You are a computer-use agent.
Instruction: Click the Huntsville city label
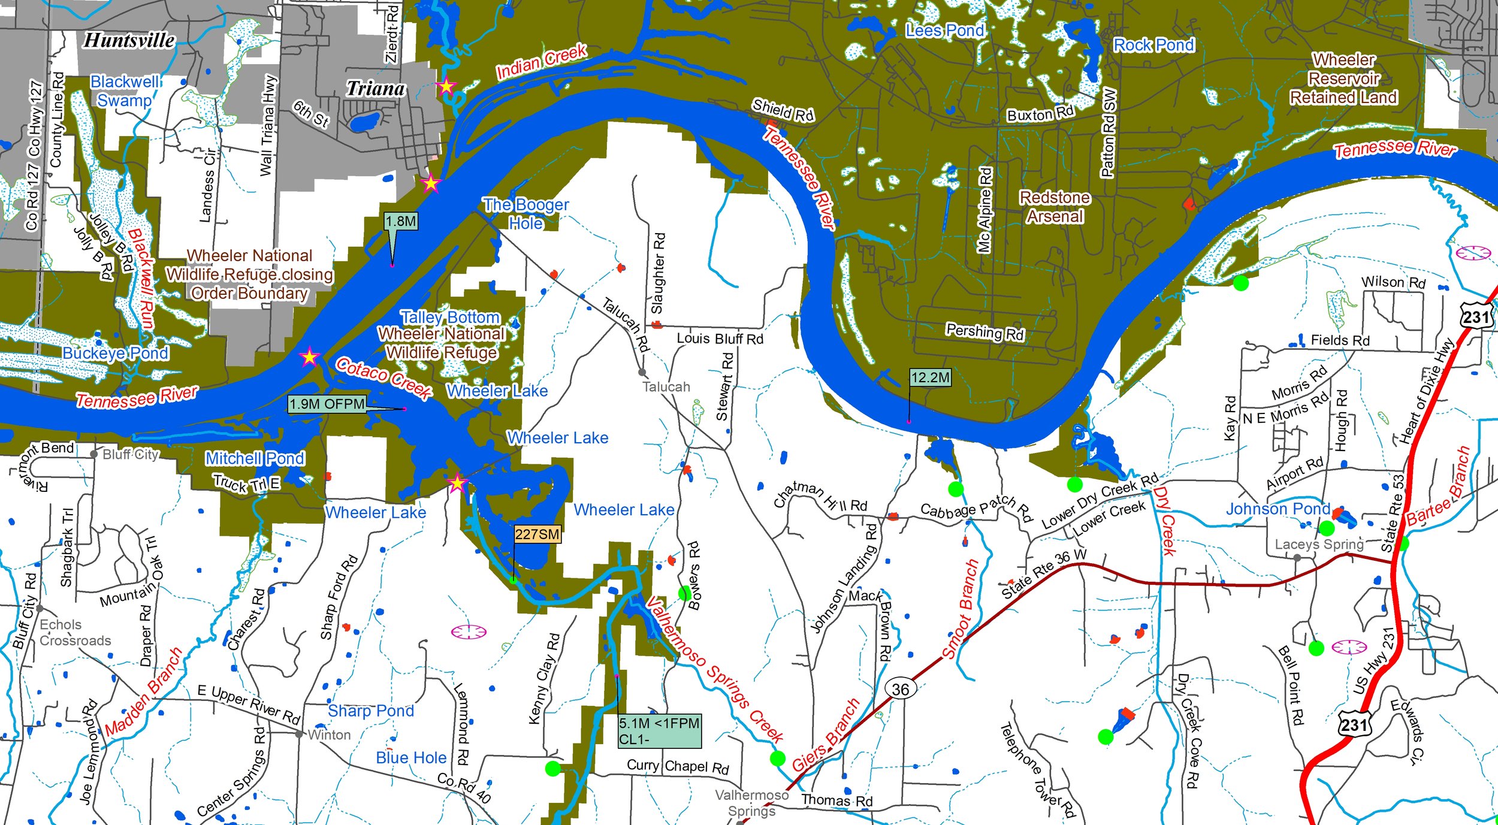coord(129,40)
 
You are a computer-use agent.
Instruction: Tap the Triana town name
coord(376,89)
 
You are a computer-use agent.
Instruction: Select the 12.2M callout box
coord(930,377)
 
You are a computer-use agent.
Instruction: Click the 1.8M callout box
coord(401,222)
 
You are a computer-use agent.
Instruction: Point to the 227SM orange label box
coord(537,534)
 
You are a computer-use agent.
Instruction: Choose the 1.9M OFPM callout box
coord(327,404)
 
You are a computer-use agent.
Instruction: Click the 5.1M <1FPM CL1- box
coord(659,731)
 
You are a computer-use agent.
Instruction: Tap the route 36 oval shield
coord(900,690)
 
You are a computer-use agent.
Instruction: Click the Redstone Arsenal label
coord(1055,207)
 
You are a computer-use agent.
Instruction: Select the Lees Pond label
coord(945,31)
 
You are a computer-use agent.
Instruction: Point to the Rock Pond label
coord(1153,45)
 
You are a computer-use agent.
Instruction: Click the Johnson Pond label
coord(1277,509)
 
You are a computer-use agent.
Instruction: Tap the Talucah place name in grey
coord(666,387)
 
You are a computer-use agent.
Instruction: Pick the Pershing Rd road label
coord(985,331)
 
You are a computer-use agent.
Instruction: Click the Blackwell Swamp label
coord(125,91)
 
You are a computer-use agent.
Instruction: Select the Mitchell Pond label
coord(255,458)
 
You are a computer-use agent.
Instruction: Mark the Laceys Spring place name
coord(1319,544)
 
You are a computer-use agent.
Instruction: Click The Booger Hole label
coord(526,214)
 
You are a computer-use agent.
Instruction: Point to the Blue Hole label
coord(411,758)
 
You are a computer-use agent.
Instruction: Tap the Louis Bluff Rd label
coord(720,339)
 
